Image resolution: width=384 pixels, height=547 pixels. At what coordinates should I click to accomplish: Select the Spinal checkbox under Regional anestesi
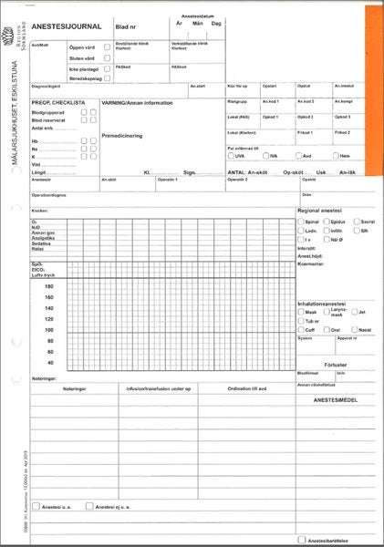point(301,222)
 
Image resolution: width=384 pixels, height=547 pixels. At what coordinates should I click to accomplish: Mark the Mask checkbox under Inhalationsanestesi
point(301,312)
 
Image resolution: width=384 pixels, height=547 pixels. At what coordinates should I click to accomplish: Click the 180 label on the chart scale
point(49,286)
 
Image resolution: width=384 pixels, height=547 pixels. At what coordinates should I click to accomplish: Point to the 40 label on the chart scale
point(49,363)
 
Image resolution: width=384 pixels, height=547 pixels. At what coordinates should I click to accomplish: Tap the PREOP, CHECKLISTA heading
point(58,103)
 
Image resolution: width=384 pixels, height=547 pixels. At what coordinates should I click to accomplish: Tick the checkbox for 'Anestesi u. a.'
point(36,506)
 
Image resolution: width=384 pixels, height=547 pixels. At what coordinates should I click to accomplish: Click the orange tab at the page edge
point(372,91)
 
